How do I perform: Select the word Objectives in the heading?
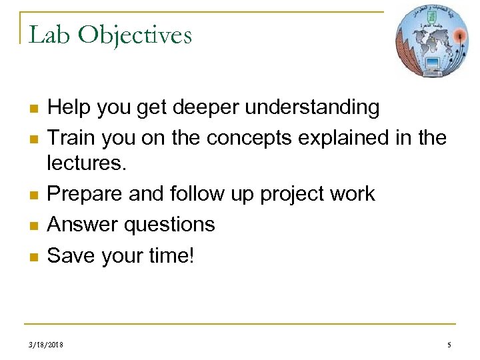(x=135, y=34)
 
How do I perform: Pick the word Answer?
(x=80, y=224)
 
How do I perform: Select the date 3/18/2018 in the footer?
(x=46, y=345)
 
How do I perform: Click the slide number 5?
(x=449, y=345)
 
